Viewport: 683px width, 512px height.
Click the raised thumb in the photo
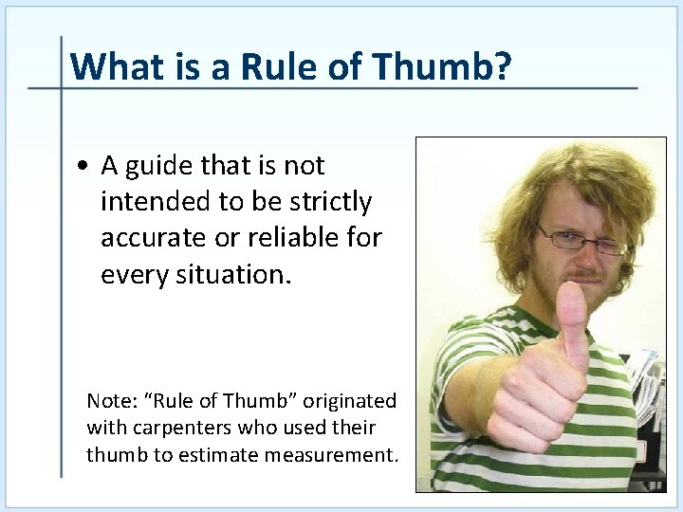pyautogui.click(x=573, y=318)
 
